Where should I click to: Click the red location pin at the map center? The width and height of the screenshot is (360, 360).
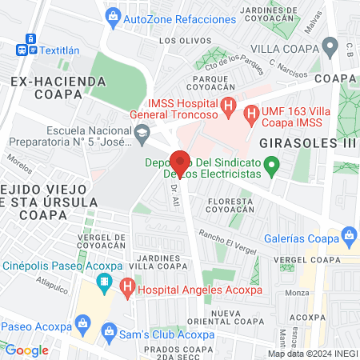coord(180,162)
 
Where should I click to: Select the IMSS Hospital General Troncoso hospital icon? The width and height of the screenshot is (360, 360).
coord(229,106)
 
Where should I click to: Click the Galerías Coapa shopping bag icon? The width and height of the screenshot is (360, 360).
coord(348,234)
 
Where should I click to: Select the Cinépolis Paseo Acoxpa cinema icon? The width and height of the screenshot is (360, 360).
coord(104,282)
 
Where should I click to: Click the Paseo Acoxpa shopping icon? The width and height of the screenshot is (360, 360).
coord(82,325)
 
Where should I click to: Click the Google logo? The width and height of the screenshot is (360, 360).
coord(26,350)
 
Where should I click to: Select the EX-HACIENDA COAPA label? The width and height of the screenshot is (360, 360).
coord(59,88)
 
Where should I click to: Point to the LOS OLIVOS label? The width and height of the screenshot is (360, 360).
coord(179,40)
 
